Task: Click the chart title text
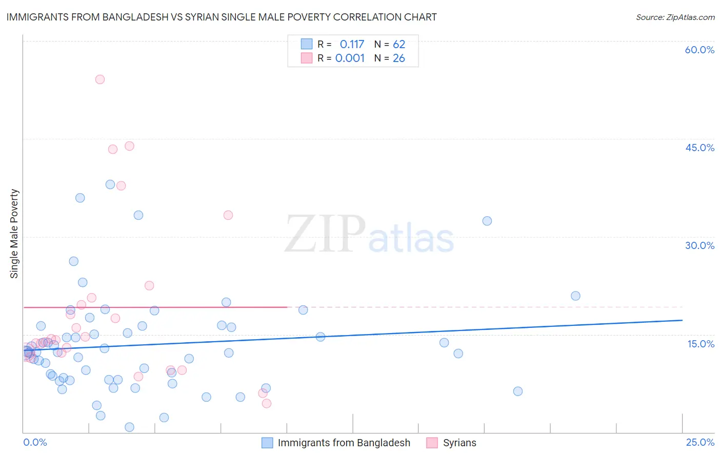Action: [222, 17]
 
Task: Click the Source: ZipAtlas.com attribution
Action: [675, 17]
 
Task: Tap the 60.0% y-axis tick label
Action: [699, 50]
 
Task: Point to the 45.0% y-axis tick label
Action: [699, 148]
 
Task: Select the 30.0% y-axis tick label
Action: [699, 245]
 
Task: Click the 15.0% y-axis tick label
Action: [700, 344]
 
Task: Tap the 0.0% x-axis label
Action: [35, 442]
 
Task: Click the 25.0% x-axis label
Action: [700, 442]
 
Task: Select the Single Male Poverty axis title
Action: [14, 234]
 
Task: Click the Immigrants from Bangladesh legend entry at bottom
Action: [344, 443]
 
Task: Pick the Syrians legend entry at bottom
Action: [459, 443]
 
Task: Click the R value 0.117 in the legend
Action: [352, 45]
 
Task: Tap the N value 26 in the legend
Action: [399, 58]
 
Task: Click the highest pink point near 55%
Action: [100, 79]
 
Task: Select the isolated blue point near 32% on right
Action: [487, 221]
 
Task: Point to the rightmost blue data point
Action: [575, 296]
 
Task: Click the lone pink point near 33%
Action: [228, 215]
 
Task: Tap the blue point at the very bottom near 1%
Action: [129, 427]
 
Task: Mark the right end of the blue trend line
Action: [682, 320]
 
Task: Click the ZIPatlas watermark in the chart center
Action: [369, 235]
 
